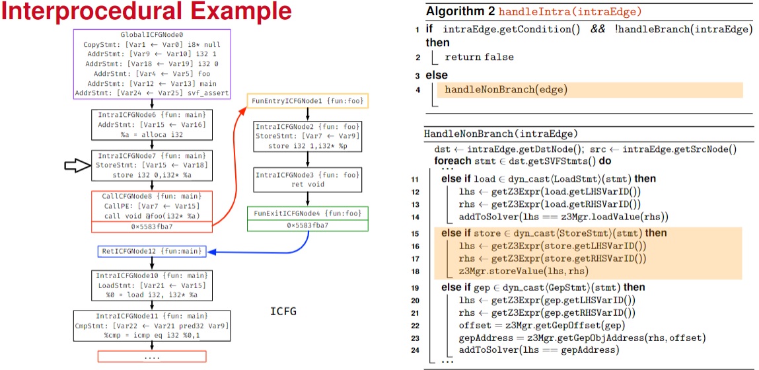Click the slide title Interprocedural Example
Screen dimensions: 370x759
147,13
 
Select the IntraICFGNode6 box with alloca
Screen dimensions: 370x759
152,124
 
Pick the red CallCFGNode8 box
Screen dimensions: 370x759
152,211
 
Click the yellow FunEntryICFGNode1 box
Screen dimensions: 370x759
307,101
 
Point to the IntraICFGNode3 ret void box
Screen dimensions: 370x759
307,179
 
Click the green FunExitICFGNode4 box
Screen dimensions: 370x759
307,219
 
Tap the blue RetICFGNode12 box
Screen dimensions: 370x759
151,251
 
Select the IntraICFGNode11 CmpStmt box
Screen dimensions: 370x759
152,325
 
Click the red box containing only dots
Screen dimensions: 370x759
152,356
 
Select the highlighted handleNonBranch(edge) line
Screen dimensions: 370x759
506,89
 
